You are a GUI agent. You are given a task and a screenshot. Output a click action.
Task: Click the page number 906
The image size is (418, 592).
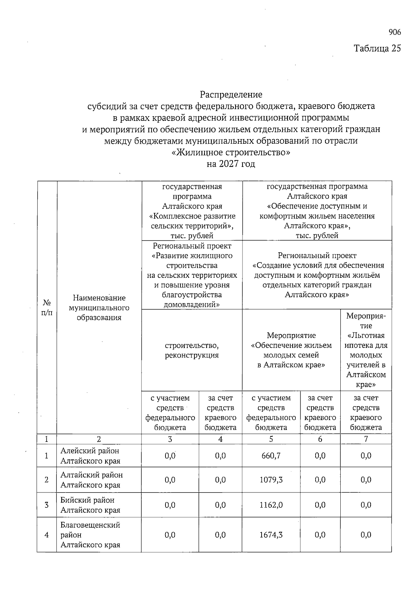[394, 32]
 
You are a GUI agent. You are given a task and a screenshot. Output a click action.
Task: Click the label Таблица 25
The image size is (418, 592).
[377, 48]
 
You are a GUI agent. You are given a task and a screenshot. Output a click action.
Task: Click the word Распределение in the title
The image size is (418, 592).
[231, 94]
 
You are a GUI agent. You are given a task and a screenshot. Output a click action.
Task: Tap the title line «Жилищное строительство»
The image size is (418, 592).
[231, 152]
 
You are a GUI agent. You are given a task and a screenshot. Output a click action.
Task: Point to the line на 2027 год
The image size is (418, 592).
[231, 164]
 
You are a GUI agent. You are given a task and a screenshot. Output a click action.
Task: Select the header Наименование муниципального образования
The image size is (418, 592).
[99, 308]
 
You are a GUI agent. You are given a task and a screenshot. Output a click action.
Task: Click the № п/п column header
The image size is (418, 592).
[47, 307]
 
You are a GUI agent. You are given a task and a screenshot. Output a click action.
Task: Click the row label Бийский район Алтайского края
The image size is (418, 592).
[90, 505]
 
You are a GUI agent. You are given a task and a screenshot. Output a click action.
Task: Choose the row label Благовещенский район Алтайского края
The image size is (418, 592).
[90, 535]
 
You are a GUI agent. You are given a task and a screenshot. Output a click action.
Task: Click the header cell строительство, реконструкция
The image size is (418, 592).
[192, 350]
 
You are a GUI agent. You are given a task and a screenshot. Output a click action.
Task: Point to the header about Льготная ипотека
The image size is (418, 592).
[366, 350]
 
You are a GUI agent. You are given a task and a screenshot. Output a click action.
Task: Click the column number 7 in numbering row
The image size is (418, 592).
[366, 439]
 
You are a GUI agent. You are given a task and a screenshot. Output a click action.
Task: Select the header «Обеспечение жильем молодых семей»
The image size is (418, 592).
[291, 350]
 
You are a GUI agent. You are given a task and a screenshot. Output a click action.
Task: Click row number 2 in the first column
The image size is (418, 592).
[47, 480]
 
